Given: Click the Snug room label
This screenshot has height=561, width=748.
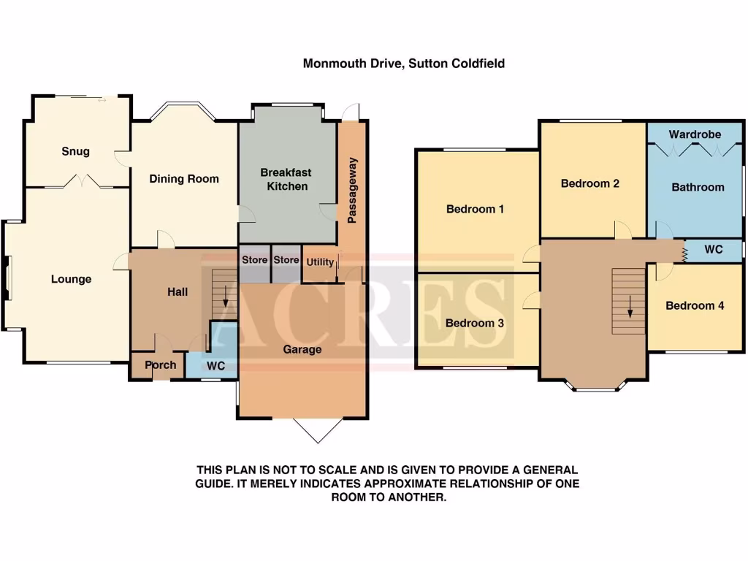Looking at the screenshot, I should (x=75, y=151).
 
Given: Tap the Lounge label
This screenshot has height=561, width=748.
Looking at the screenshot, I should (x=71, y=279).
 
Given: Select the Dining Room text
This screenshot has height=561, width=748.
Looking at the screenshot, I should (x=184, y=179).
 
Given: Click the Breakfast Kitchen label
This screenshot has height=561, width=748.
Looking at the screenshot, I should (x=286, y=180).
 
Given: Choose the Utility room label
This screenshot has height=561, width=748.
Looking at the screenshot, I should (x=320, y=262).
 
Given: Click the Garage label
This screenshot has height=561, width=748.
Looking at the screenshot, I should (x=302, y=350).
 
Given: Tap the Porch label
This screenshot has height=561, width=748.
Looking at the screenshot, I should (x=160, y=365).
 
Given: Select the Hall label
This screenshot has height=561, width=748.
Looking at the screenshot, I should (x=178, y=292).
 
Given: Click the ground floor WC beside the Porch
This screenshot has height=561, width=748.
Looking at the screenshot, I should (x=215, y=365).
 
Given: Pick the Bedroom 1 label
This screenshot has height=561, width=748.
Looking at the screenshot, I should (x=476, y=209).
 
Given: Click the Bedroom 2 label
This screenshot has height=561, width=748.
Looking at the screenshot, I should (x=590, y=183).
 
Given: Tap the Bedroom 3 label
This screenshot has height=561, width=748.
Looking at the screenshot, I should (x=475, y=324).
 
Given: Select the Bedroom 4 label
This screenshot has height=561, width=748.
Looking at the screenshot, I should (x=695, y=306).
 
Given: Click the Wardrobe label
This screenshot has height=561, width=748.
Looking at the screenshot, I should (x=695, y=134).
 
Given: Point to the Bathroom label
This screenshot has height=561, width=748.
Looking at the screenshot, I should (x=698, y=187).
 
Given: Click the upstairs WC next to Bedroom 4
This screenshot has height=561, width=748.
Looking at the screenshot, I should (x=714, y=250).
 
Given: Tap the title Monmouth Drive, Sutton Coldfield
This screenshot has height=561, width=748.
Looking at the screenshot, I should (x=404, y=64).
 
